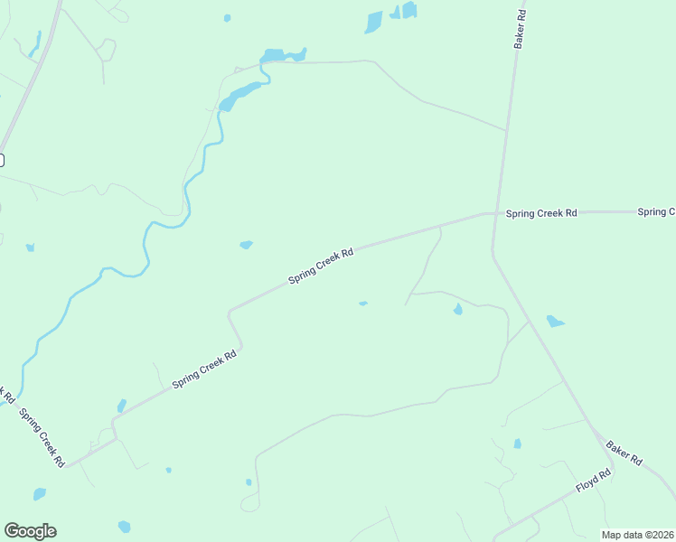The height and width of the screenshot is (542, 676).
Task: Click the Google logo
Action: point(30,531)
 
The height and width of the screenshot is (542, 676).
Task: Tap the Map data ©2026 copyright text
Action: point(637,535)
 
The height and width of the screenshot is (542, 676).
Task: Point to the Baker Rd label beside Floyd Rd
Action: point(624,453)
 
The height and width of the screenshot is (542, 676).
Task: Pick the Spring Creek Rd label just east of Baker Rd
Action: point(541,213)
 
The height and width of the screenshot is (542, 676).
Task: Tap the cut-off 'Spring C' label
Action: point(656,212)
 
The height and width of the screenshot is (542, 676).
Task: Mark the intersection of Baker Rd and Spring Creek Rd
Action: point(494,214)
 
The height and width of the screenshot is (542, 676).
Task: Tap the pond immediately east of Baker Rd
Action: point(555,322)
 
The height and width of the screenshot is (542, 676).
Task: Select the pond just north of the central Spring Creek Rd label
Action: point(246,245)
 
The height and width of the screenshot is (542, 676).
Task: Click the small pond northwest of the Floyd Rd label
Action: point(517,444)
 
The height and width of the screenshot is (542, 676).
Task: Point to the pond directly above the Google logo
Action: point(39,494)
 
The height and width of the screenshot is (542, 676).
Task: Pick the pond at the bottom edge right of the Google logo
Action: point(124,527)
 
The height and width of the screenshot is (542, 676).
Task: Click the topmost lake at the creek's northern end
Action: point(282,56)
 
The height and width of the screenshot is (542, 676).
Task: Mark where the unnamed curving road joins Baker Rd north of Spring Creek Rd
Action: point(505,130)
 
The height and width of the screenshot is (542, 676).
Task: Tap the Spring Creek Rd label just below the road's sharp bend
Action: point(204,369)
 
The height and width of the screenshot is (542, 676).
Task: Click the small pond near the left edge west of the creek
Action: point(30,247)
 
